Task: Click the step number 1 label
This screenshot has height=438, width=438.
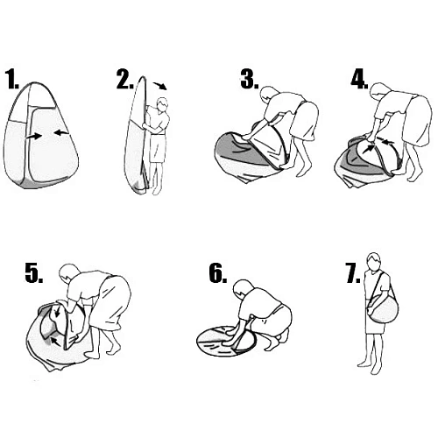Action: click(x=13, y=79)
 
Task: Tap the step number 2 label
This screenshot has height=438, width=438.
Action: click(x=125, y=79)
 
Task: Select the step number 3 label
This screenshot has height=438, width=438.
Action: click(x=250, y=79)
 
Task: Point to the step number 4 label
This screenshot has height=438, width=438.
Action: click(x=359, y=79)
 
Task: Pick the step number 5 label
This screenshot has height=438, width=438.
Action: click(x=34, y=273)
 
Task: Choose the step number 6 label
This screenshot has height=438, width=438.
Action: click(x=218, y=273)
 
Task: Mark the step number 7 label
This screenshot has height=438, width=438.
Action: click(x=353, y=273)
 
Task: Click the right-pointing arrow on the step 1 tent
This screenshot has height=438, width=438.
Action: click(x=33, y=136)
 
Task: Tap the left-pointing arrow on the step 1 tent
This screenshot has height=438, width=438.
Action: click(x=61, y=133)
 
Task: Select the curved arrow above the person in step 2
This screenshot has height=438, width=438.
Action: click(x=160, y=85)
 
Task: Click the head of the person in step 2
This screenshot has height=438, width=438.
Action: click(x=162, y=104)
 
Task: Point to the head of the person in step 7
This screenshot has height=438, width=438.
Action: click(x=374, y=261)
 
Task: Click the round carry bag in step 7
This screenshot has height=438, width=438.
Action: click(x=383, y=309)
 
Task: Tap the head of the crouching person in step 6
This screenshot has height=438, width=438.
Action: click(x=242, y=288)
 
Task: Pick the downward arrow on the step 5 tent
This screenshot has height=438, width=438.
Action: click(x=58, y=312)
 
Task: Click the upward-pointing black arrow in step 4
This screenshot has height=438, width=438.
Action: click(x=370, y=147)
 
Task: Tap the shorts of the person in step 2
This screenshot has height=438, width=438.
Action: click(x=158, y=148)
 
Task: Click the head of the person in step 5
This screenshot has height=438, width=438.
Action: click(x=68, y=272)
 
